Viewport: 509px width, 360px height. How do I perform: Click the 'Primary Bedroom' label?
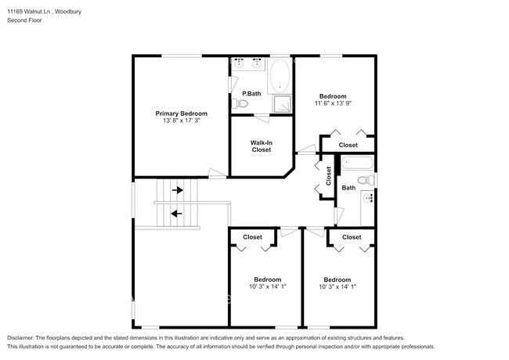pos(181,113)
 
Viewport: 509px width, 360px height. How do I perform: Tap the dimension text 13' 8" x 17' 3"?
pos(181,121)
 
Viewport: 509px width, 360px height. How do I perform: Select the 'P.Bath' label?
pos(251,94)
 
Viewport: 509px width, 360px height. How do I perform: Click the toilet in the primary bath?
pos(242,103)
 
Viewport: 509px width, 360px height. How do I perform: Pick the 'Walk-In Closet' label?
pos(261,146)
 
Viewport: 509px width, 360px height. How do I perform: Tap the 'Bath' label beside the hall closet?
pos(348,188)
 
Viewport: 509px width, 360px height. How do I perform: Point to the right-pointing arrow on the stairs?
pos(179,189)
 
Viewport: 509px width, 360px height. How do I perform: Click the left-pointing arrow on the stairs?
pos(177,212)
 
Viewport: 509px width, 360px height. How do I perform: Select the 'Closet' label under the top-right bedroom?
pos(348,145)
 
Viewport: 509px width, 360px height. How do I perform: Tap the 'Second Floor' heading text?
pos(25,20)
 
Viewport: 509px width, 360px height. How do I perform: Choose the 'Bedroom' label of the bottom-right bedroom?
pos(337,279)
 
